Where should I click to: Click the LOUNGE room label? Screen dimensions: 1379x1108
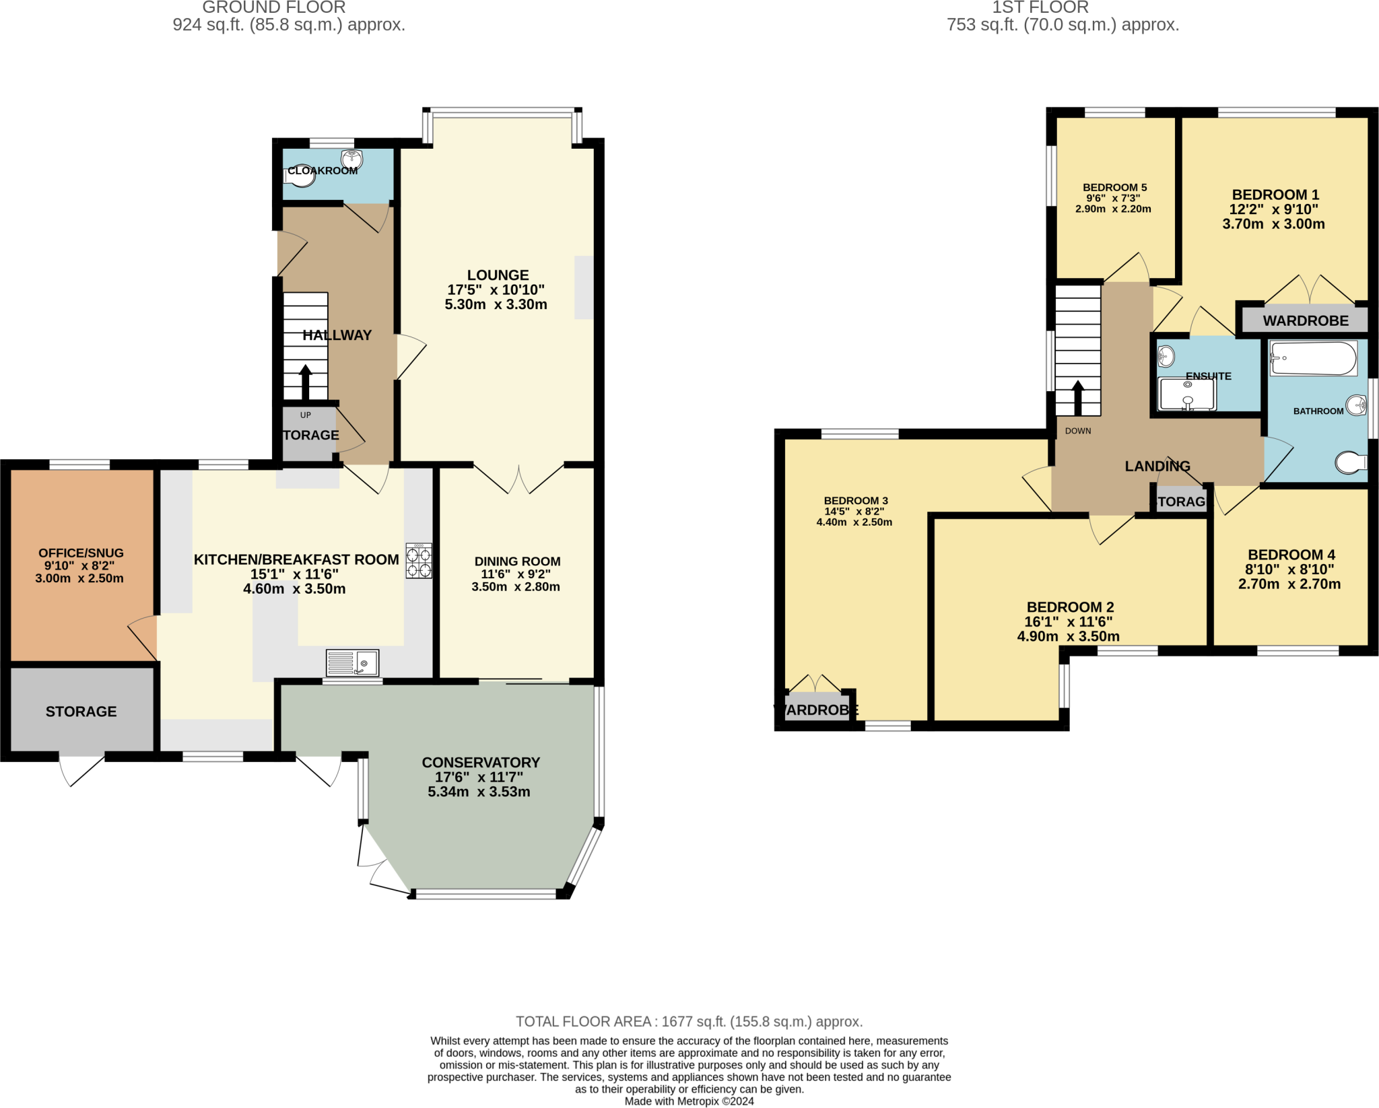498,275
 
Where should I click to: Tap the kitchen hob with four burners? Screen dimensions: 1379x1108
419,561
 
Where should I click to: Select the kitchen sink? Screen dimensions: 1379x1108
352,663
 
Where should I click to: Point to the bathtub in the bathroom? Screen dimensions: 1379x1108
1313,359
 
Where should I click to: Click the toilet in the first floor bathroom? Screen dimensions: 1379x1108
1351,462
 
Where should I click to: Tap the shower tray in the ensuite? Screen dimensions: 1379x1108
1186,394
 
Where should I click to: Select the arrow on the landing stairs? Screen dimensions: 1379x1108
1078,398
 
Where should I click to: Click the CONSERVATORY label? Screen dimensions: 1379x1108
481,763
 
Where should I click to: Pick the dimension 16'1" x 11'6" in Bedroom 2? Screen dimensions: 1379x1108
1069,622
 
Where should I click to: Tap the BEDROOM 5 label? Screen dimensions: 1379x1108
1114,188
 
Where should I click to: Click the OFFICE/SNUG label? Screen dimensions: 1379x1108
81,553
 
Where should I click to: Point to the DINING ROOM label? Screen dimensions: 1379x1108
517,561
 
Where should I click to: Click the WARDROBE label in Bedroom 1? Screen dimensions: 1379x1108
1306,321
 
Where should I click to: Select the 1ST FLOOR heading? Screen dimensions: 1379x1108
1040,7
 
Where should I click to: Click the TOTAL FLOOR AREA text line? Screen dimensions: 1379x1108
689,1022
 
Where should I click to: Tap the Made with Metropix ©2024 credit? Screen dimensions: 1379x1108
689,1101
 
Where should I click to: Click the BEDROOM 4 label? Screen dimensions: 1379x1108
1291,555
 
